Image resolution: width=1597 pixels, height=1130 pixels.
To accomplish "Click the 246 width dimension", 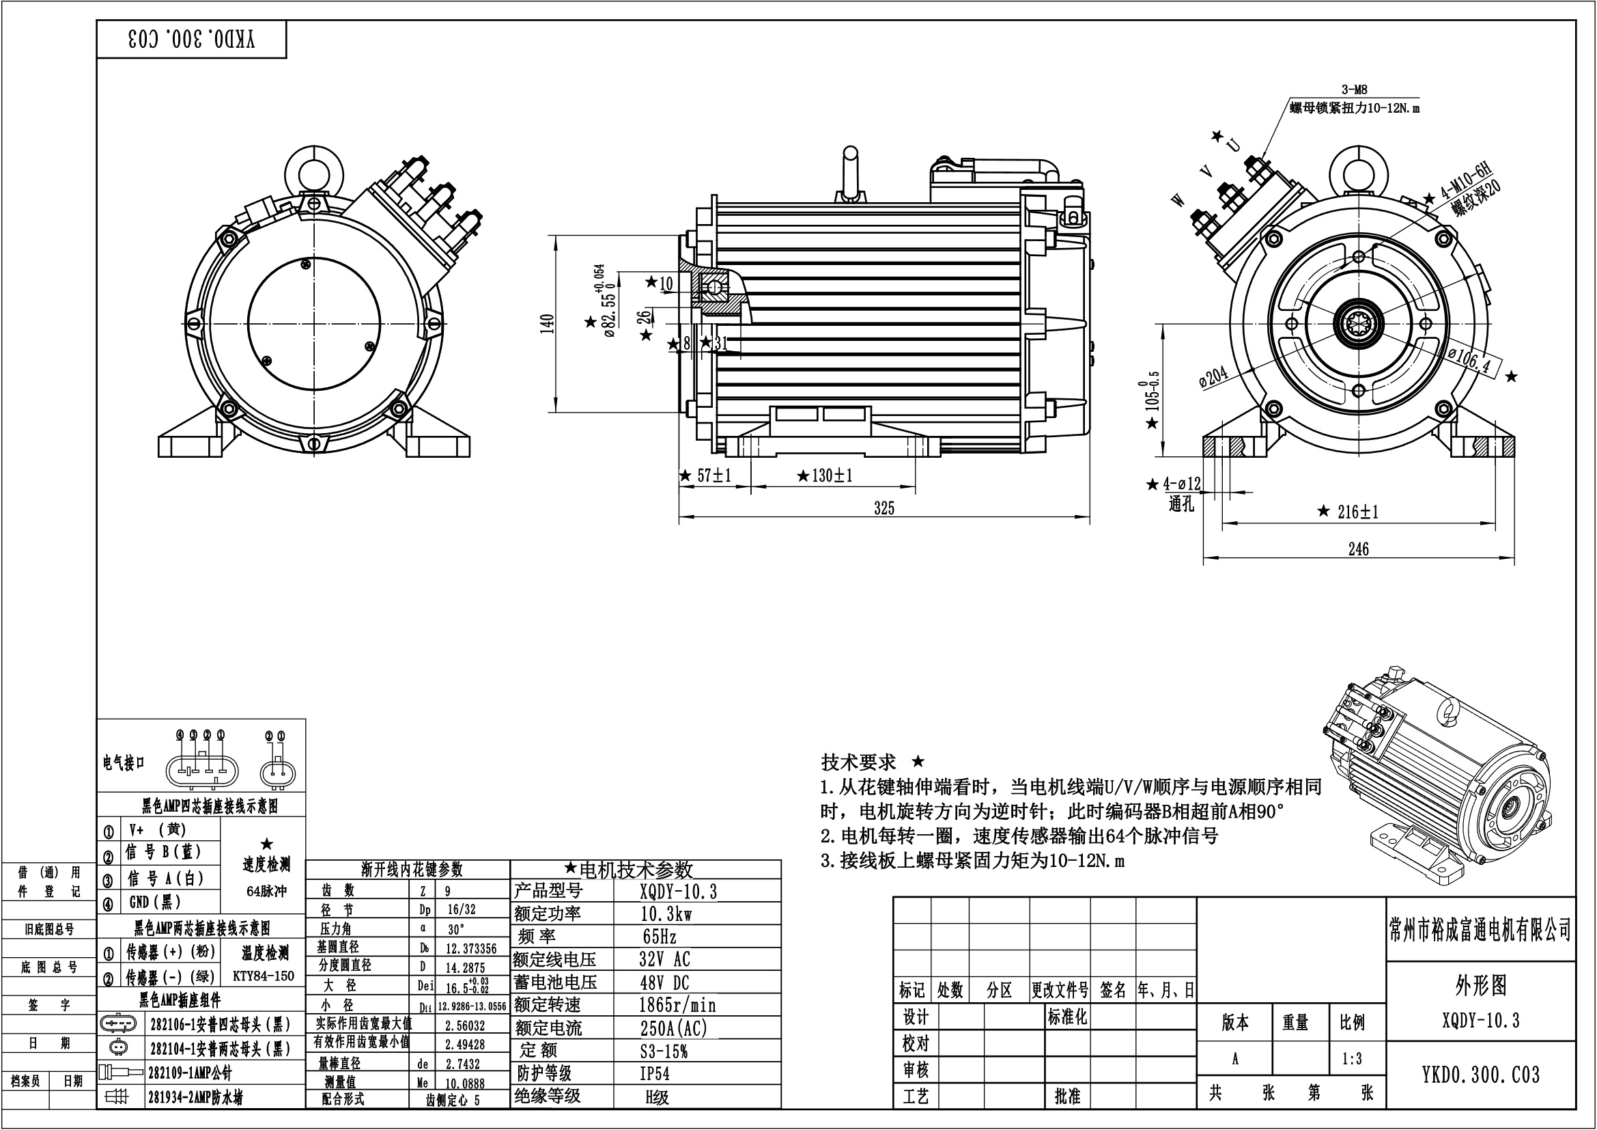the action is pos(1359,549).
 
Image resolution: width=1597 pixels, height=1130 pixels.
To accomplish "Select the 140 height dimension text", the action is pos(547,325).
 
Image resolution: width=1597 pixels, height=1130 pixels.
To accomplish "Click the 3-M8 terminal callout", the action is pos(1353,89).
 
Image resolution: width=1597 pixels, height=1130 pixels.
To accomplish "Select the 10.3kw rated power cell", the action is pos(666,913).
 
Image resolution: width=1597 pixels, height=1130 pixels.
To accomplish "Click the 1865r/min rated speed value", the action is pos(677,1005).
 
